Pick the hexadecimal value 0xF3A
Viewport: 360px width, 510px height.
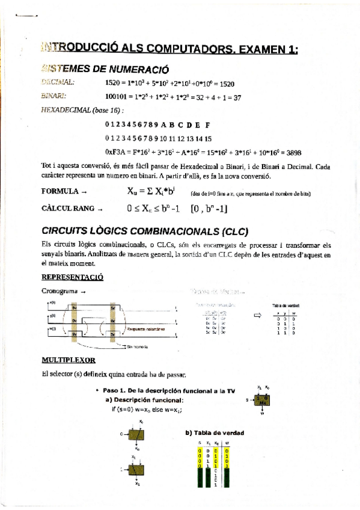[116, 153]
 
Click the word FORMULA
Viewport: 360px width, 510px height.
[59, 192]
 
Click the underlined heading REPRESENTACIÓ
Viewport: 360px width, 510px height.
[72, 277]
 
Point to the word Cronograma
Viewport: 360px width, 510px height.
[59, 292]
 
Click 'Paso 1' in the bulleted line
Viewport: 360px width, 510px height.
[114, 391]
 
